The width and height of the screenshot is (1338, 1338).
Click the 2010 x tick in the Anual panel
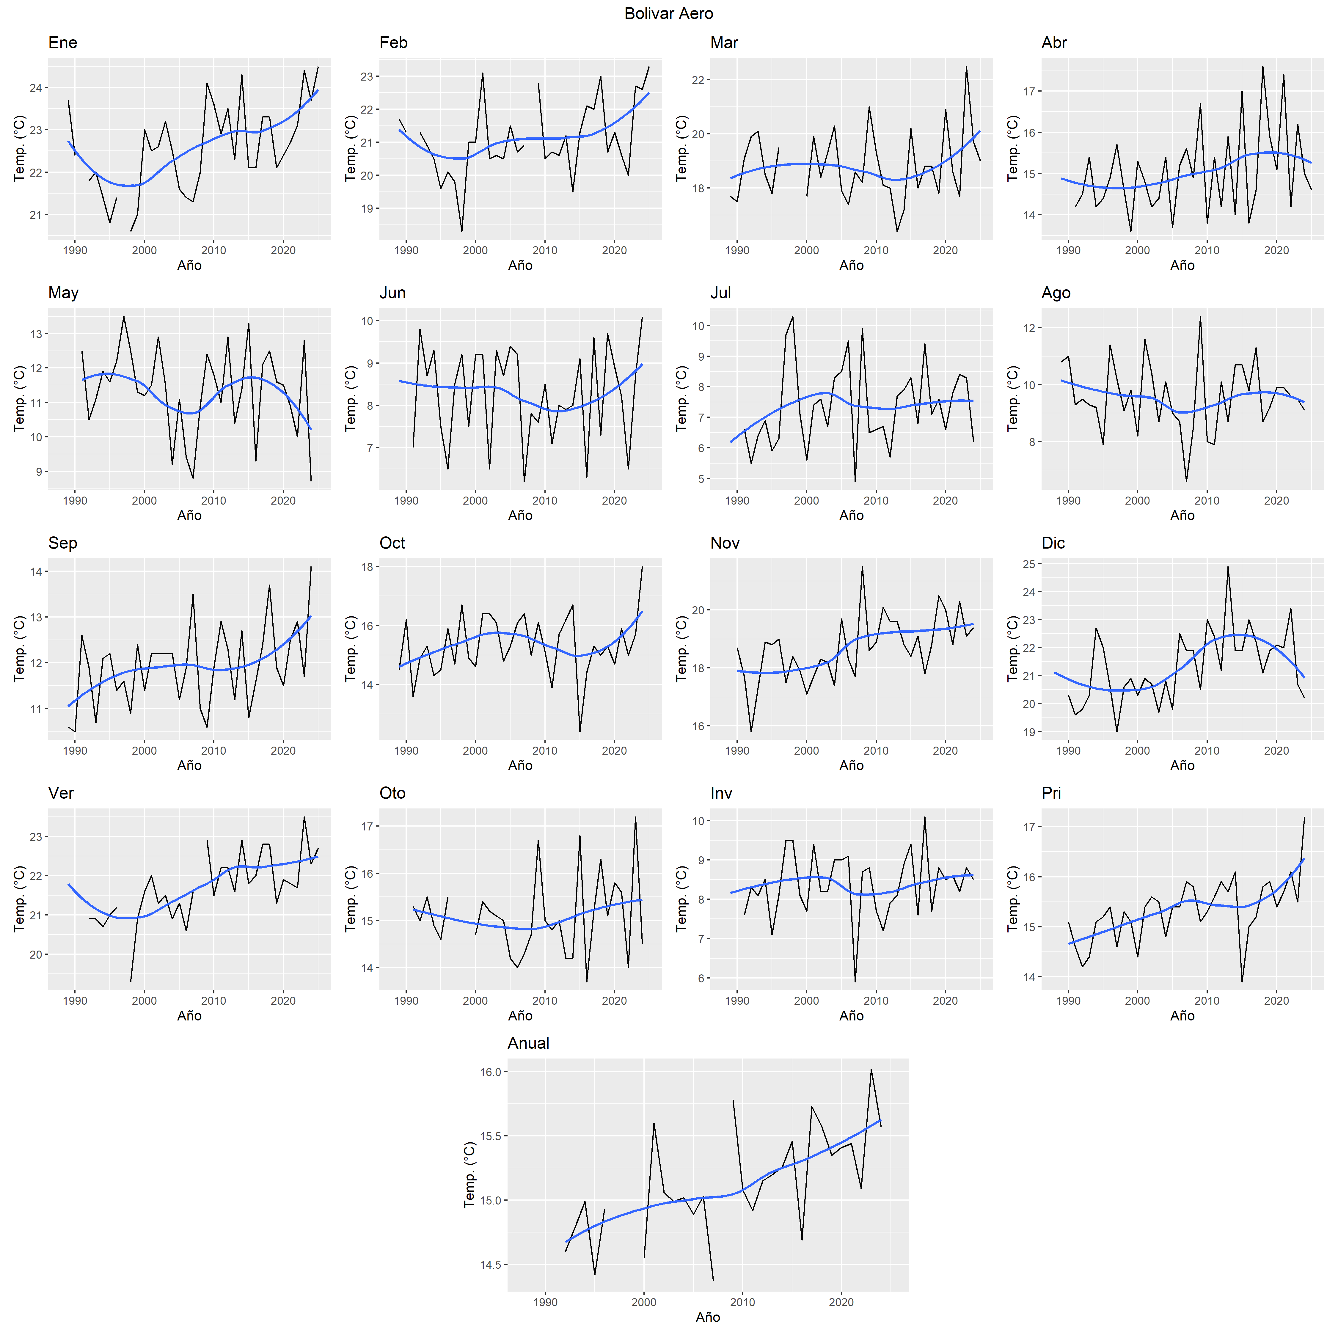[742, 1302]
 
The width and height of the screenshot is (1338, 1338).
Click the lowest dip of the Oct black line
[580, 731]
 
